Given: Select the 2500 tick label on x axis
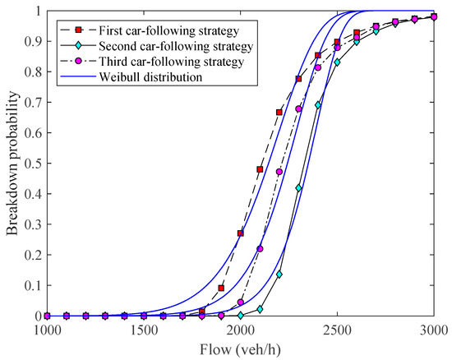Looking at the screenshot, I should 337,330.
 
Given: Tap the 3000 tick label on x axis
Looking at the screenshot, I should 433,330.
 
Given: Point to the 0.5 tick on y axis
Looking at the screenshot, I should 31,164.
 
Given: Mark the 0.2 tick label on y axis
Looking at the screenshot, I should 31,255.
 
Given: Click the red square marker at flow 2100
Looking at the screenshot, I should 260,169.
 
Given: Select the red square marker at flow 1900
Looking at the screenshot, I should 221,288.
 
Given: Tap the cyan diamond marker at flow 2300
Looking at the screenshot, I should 298,188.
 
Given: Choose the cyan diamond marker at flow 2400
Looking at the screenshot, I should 318,106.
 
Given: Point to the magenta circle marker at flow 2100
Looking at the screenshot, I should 260,248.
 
